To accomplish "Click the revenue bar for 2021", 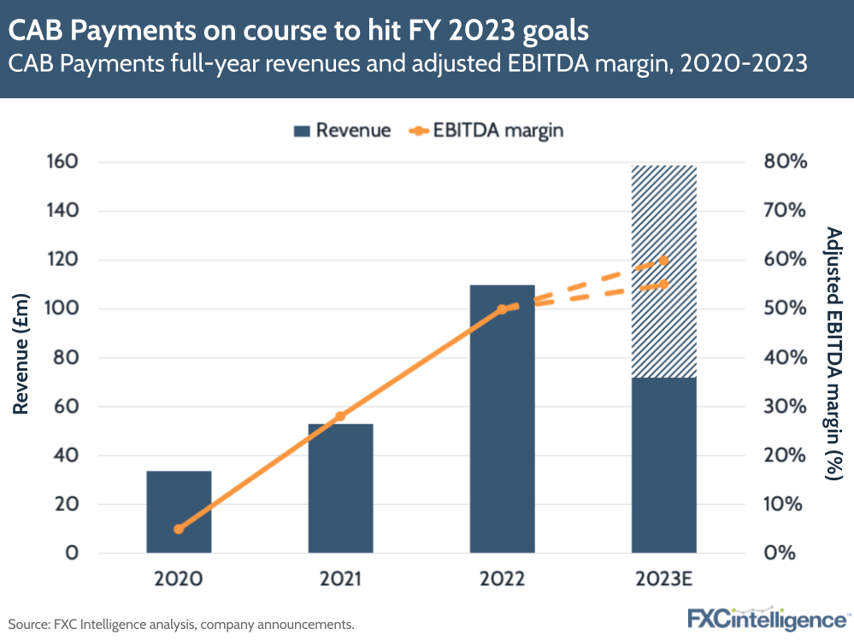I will coord(340,487).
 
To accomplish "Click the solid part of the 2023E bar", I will coord(663,465).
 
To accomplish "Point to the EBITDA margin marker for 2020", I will coord(179,529).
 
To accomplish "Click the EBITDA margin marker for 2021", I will coord(340,416).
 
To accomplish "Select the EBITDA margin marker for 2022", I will coord(502,309).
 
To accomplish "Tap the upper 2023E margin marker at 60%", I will coord(664,261).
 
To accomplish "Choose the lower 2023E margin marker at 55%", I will coord(664,284).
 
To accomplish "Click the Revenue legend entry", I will coord(342,131).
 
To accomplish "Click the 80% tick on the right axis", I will coord(785,161).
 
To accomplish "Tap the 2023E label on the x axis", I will coord(663,579).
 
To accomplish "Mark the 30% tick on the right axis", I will coord(785,406).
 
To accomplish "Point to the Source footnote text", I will coord(181,625).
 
